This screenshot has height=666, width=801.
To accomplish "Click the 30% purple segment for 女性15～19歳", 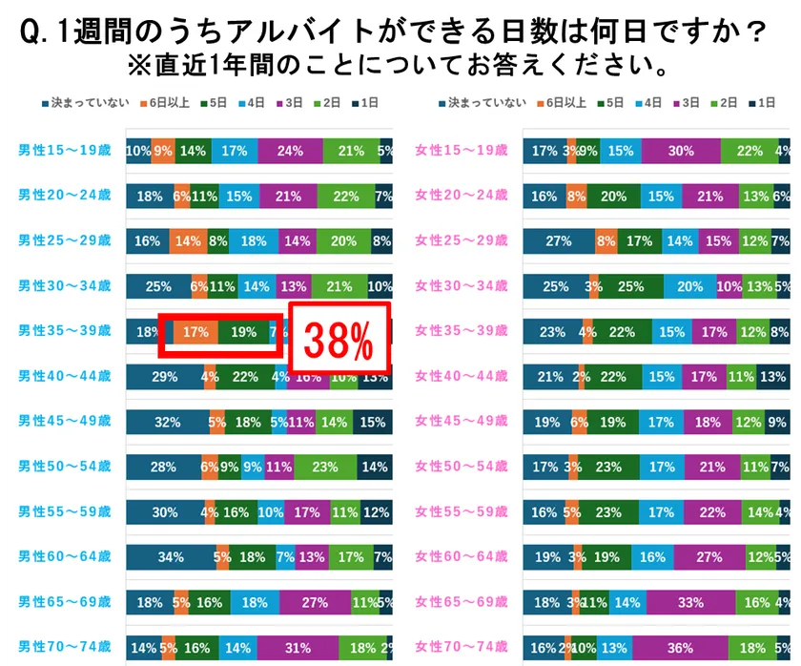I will (681, 151).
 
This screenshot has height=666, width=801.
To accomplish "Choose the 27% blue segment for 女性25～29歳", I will (559, 241).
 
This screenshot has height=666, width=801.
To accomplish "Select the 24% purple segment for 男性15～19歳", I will (288, 151).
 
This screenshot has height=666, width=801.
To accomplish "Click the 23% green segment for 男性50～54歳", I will (325, 468).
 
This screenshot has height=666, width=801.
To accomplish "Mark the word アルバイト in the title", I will (291, 35).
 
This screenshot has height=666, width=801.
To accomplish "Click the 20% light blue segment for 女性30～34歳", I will (684, 286).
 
